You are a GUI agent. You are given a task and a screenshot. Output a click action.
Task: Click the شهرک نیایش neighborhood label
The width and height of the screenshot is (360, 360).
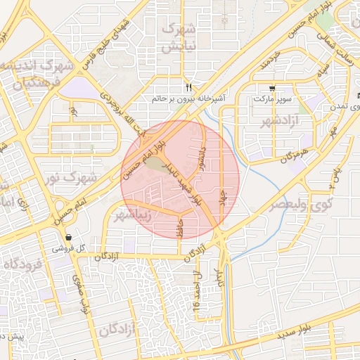coord(177,38)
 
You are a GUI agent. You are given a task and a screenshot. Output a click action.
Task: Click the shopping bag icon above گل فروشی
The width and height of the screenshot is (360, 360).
coord(68,237)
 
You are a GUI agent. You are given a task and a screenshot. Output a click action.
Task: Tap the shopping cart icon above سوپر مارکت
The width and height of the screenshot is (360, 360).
coord(271,89)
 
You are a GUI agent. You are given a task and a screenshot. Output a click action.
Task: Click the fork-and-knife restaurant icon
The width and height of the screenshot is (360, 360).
coord(188,87)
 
